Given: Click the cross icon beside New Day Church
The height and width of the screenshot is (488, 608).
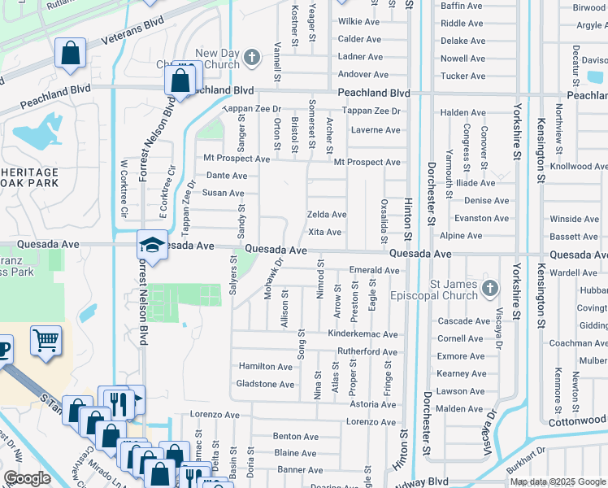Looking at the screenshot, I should tap(253, 57).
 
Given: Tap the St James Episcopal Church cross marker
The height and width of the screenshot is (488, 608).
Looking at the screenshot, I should tap(489, 288).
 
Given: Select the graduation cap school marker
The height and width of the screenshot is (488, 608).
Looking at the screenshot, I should tap(152, 244).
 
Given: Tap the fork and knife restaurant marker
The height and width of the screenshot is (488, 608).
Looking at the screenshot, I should tap(118, 403).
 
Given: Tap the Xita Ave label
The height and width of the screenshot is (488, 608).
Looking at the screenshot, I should tap(324, 233).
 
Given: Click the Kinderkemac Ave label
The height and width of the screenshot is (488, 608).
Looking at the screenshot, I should tap(363, 334).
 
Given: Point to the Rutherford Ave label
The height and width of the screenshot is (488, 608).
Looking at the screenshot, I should tap(367, 352).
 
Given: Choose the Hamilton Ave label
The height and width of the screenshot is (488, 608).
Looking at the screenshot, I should tap(265, 367).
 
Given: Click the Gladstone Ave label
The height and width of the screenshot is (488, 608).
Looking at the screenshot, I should tap(263, 384).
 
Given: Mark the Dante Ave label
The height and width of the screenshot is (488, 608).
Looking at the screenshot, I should tap(226, 176).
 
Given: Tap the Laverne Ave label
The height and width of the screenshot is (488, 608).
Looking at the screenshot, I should tap(375, 130).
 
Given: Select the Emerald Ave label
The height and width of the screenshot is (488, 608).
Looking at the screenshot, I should tap(374, 270).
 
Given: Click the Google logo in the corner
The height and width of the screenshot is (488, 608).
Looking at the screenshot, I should tap(27, 478).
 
